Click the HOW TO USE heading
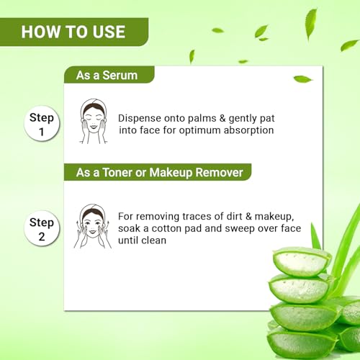[x=73, y=32]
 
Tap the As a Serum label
[x=107, y=75]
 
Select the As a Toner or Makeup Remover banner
[x=158, y=172]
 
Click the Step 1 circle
[x=42, y=123]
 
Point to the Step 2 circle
[x=42, y=228]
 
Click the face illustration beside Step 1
[x=94, y=121]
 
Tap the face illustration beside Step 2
[x=93, y=226]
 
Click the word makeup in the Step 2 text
[x=274, y=217]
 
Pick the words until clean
[x=142, y=240]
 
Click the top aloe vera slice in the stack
[x=302, y=261]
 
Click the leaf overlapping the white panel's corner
[x=303, y=79]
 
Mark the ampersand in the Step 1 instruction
[x=222, y=118]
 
